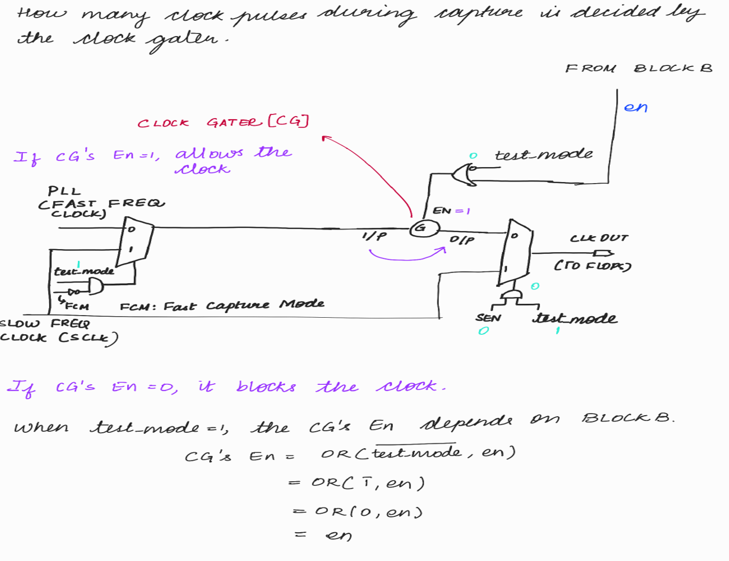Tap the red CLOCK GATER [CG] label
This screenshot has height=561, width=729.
pyautogui.click(x=223, y=122)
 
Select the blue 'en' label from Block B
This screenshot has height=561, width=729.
pyautogui.click(x=635, y=108)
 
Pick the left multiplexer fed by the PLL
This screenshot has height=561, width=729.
pyautogui.click(x=135, y=241)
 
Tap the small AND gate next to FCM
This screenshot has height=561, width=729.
pyautogui.click(x=95, y=287)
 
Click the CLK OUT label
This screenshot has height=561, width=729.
pyautogui.click(x=599, y=238)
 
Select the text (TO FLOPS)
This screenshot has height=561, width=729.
pyautogui.click(x=592, y=265)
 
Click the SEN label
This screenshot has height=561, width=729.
pyautogui.click(x=488, y=318)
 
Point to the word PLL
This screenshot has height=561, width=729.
pyautogui.click(x=64, y=191)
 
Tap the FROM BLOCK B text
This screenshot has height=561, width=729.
pyautogui.click(x=638, y=68)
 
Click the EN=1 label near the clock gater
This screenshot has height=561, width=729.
pyautogui.click(x=451, y=211)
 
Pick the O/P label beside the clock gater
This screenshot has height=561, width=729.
pyautogui.click(x=462, y=240)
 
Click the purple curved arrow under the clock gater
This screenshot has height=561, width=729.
pyautogui.click(x=407, y=256)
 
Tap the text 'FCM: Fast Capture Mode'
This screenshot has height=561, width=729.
pyautogui.click(x=221, y=306)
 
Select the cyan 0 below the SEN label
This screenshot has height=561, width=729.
pyautogui.click(x=483, y=331)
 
